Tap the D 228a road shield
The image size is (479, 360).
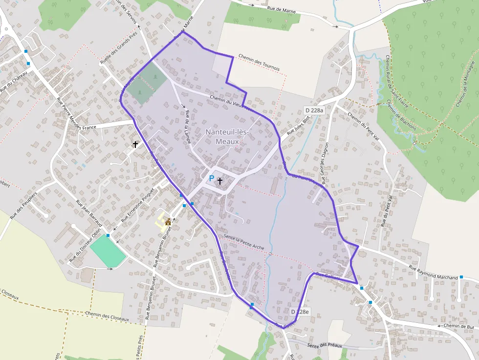314,110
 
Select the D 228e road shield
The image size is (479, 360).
300,312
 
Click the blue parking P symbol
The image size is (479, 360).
211,179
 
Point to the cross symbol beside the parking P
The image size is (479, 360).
220,181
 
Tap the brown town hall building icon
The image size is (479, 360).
168,222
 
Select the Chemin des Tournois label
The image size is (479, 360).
259,62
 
